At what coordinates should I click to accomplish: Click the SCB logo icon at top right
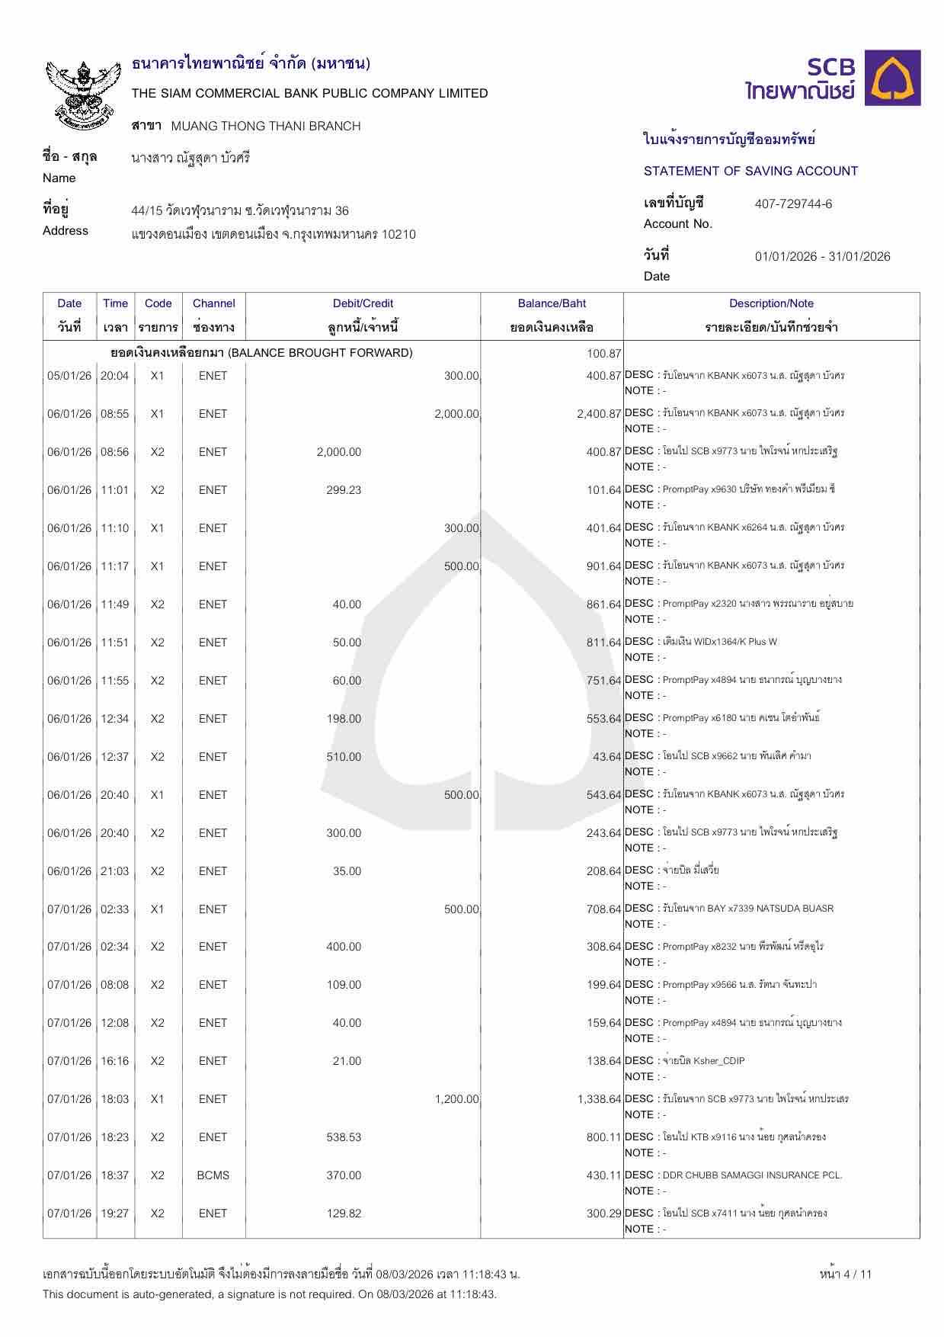coord(895,78)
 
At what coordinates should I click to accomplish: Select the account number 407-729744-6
coord(793,204)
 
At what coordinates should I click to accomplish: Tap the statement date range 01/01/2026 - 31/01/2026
coord(822,256)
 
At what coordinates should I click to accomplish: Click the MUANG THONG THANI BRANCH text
coord(266,126)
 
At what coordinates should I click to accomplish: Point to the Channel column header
coord(213,303)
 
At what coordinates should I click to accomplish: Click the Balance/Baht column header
coord(552,303)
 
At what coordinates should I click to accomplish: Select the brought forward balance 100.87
coord(604,353)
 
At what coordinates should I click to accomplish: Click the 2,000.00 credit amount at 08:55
coord(456,414)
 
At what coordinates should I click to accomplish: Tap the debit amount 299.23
coord(344,490)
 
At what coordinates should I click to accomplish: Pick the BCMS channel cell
coord(213,1175)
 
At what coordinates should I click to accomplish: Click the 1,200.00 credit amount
coord(456,1099)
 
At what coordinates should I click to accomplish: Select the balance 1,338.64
coord(600,1099)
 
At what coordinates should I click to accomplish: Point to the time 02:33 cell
coord(115,909)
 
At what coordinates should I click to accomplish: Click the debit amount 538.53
coord(344,1137)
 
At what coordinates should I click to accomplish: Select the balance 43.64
coord(607,757)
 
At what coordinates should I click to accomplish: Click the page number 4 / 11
coord(845,1274)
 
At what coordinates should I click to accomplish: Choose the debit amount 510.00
coord(344,757)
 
